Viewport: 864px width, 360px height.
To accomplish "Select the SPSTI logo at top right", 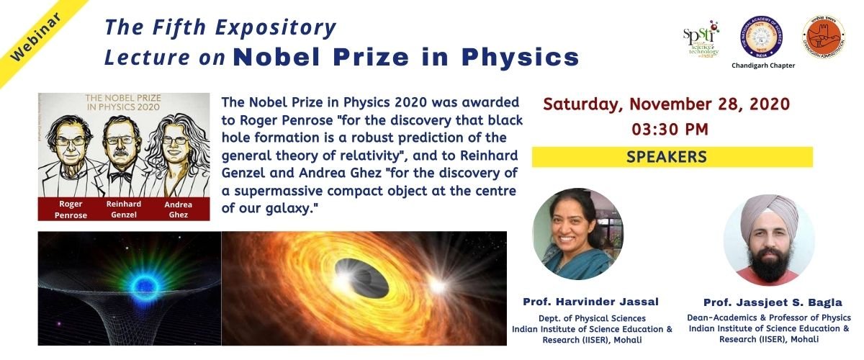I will (700, 40).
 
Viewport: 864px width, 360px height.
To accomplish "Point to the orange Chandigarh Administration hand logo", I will (823, 37).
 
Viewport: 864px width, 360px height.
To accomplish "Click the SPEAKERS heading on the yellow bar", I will (666, 156).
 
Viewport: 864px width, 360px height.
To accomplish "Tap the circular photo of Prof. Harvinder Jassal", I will (577, 234).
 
